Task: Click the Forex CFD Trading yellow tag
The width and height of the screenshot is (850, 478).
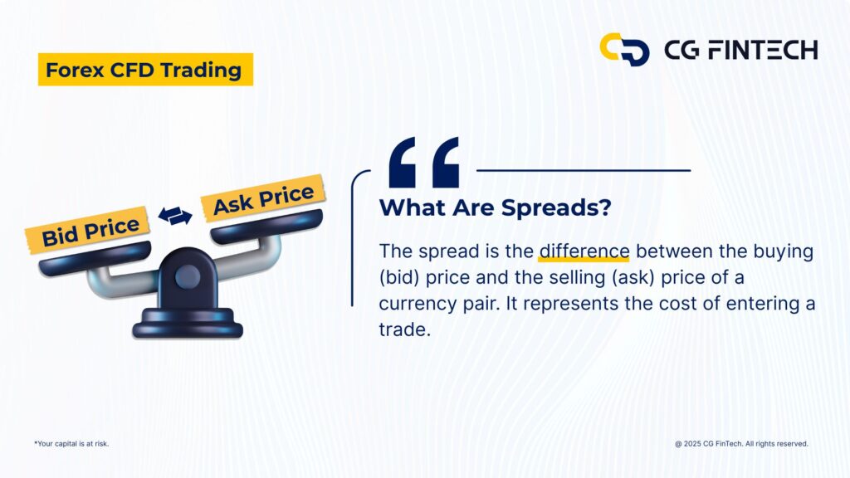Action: (x=145, y=71)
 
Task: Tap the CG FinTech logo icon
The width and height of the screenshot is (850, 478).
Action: (x=624, y=49)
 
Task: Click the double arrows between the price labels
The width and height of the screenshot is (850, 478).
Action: (x=175, y=216)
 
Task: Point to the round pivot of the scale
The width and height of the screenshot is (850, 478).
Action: (x=187, y=276)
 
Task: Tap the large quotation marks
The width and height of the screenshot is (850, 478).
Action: (x=423, y=163)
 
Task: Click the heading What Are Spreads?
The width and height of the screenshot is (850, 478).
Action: (x=495, y=207)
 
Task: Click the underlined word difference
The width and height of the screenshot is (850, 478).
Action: (x=584, y=251)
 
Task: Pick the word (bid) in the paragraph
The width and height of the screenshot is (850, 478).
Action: (x=400, y=276)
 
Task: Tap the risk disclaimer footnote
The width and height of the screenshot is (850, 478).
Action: (x=71, y=444)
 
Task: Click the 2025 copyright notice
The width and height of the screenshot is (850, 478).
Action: (x=741, y=444)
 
